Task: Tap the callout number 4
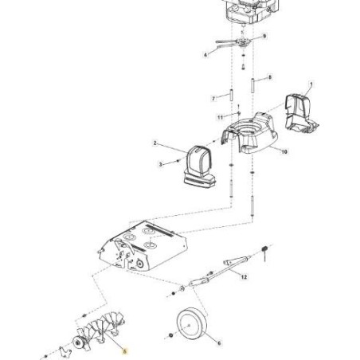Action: (x=205, y=55)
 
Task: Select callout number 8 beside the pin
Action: (x=270, y=77)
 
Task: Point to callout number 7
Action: (x=213, y=98)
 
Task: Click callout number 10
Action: (x=285, y=150)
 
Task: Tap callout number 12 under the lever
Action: (x=244, y=277)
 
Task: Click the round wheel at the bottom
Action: (x=190, y=325)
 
